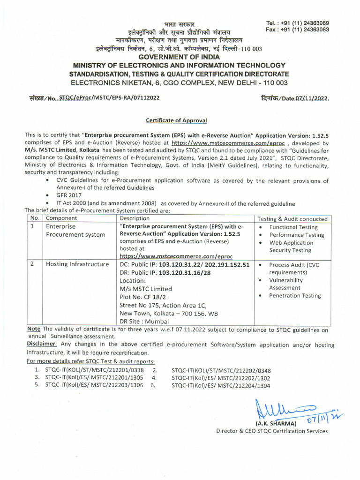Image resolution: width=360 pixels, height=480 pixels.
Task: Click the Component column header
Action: pos(61,218)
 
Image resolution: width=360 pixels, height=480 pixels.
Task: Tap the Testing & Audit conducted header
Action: pos(292,219)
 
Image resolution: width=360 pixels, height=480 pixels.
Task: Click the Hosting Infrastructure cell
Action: pos(77,264)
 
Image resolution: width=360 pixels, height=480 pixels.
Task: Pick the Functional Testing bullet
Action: pos(293,227)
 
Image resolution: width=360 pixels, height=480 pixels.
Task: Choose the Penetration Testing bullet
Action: pos(295,296)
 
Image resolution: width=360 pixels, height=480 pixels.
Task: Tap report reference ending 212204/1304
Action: pos(221,385)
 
